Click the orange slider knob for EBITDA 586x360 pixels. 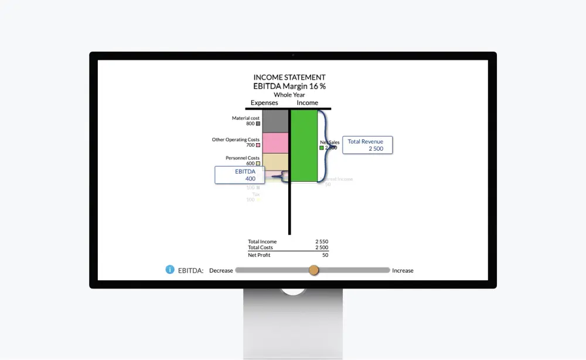pos(314,270)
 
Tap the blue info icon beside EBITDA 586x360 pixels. pos(170,270)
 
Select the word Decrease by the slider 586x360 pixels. pos(221,271)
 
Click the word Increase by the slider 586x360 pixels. pos(403,271)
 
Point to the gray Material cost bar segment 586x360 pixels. pos(275,121)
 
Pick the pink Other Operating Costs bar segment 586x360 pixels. pos(275,142)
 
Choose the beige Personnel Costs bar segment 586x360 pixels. pos(275,161)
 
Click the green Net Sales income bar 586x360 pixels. pos(304,145)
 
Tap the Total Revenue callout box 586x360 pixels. pos(367,145)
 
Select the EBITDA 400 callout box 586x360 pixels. pos(240,175)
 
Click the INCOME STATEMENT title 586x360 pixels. pos(289,77)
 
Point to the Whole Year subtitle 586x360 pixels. pos(289,95)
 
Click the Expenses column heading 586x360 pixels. pos(264,103)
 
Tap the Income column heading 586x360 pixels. pos(307,103)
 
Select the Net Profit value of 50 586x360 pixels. pos(325,255)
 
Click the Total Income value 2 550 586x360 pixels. pos(322,242)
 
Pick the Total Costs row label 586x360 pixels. pos(260,248)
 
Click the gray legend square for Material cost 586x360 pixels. pos(258,124)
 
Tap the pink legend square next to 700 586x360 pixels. pos(258,145)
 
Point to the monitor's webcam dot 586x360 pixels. pos(293,55)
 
